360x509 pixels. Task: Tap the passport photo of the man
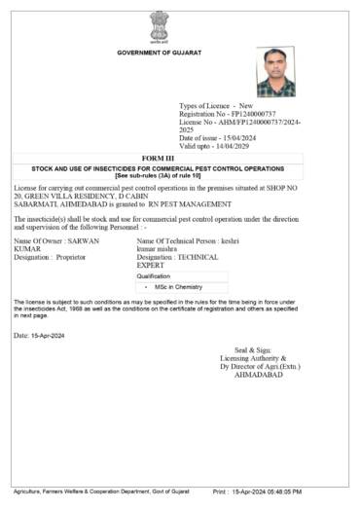[275, 71]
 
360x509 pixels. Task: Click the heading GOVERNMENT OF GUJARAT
[159, 52]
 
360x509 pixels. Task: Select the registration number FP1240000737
[256, 114]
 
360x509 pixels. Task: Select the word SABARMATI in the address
[38, 204]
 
